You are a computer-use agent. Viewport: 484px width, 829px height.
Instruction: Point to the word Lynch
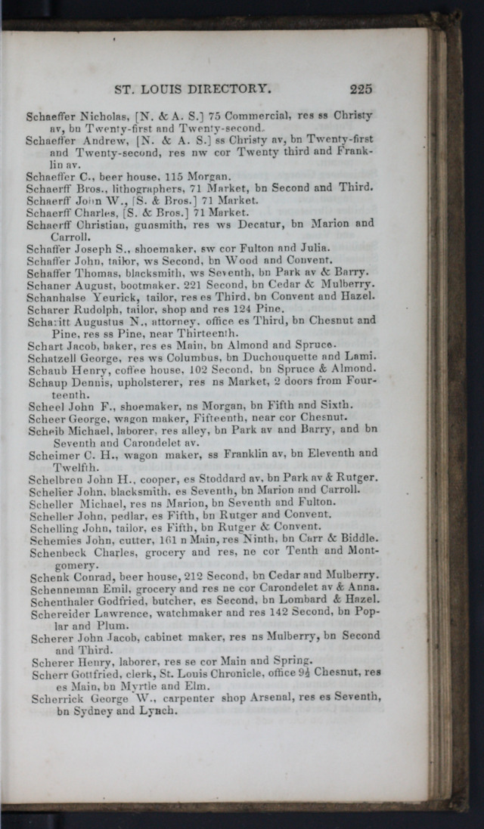[160, 710]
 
